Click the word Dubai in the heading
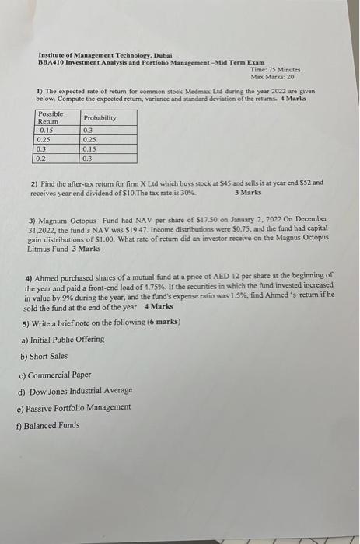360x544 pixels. [160, 55]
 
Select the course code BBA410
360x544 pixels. [51, 61]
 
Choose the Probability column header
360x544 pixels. [100, 117]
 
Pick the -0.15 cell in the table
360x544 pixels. [47, 130]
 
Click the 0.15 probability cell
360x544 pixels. [90, 148]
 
